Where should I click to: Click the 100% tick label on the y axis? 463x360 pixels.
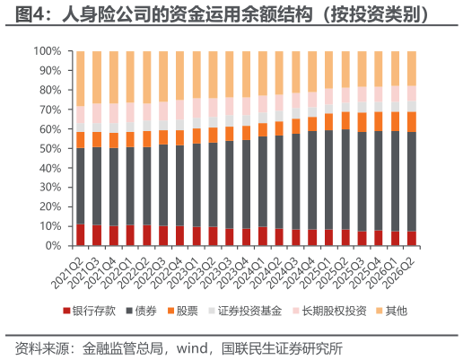coord(48,51)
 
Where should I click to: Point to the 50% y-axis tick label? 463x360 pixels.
coord(50,149)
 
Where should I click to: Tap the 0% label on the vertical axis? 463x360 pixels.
coord(53,246)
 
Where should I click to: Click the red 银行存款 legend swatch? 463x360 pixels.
coord(66,311)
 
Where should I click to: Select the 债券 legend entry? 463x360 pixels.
coord(141,311)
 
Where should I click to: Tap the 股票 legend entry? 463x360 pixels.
coord(182,311)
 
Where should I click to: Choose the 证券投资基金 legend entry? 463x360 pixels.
coord(245,311)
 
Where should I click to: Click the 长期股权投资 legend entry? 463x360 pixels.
coord(329,311)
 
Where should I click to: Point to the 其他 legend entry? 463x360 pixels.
coord(391,311)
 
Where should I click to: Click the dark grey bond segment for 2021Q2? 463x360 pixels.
coord(81,186)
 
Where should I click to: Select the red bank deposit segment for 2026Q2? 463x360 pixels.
coord(412,239)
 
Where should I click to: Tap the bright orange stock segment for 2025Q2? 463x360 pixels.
coord(345,120)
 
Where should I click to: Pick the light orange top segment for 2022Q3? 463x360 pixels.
coord(163,76)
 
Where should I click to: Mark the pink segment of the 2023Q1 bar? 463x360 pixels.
coord(197,108)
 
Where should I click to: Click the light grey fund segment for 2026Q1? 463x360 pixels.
coord(395,107)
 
